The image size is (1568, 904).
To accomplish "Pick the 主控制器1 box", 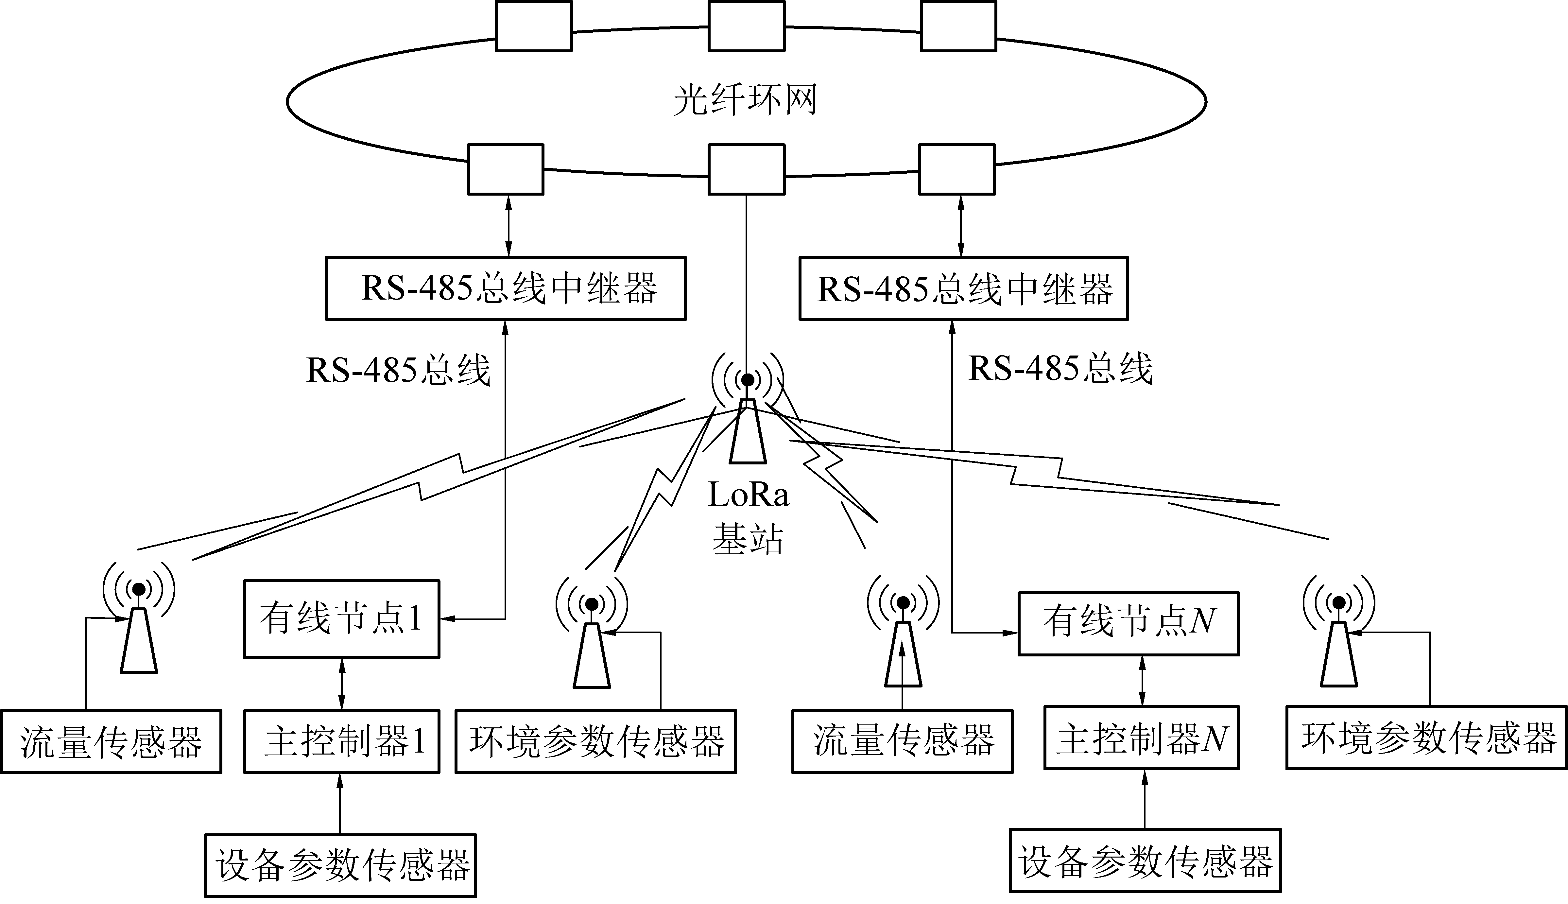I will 341,741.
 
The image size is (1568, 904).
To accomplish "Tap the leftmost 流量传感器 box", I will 111,741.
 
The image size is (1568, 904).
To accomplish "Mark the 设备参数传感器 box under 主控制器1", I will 340,865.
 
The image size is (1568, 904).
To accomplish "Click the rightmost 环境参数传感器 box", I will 1426,738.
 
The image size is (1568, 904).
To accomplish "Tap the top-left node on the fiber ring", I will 533,26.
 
